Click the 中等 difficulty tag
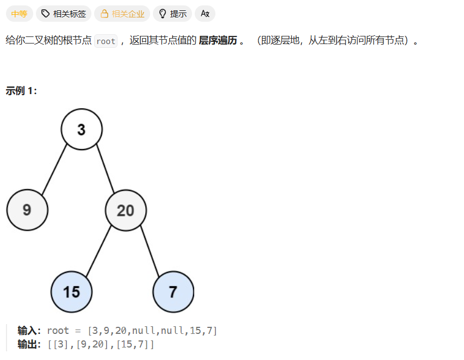coord(19,14)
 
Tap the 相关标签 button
coord(64,14)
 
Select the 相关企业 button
coord(122,14)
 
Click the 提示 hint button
coord(172,14)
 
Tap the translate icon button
coord(205,14)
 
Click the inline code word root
coord(106,41)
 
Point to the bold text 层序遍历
coord(218,41)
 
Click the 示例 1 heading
coord(21,91)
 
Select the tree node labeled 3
coord(82,129)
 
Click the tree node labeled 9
coord(27,210)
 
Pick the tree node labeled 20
coord(126,210)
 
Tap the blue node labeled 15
coord(71,291)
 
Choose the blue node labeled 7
coord(173,291)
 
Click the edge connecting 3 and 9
coord(54,169)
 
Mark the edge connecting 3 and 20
coord(105,169)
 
